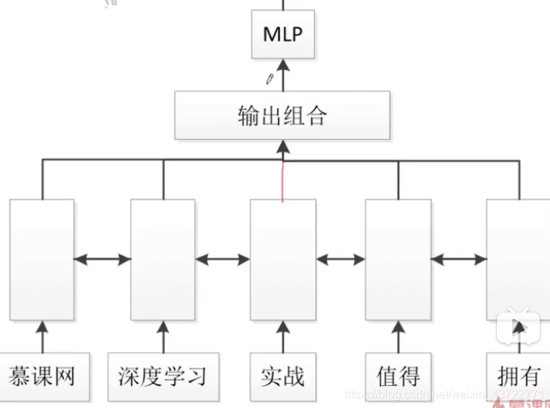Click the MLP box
(x=283, y=34)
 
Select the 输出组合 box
(x=282, y=116)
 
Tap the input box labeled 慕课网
(x=42, y=376)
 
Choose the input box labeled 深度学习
(x=163, y=376)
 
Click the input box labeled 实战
(x=282, y=376)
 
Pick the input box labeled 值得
(x=398, y=376)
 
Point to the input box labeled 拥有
(x=518, y=376)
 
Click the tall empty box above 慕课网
(x=42, y=259)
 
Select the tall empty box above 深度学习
(x=163, y=259)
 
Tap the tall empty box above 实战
(x=283, y=259)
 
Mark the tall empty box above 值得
(x=398, y=259)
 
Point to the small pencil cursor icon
(x=269, y=77)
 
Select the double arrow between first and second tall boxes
(x=102, y=259)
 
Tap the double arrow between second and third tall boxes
(x=222, y=259)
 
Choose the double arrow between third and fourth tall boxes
(x=340, y=259)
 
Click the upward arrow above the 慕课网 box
(x=42, y=336)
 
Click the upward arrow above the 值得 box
(x=398, y=336)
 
